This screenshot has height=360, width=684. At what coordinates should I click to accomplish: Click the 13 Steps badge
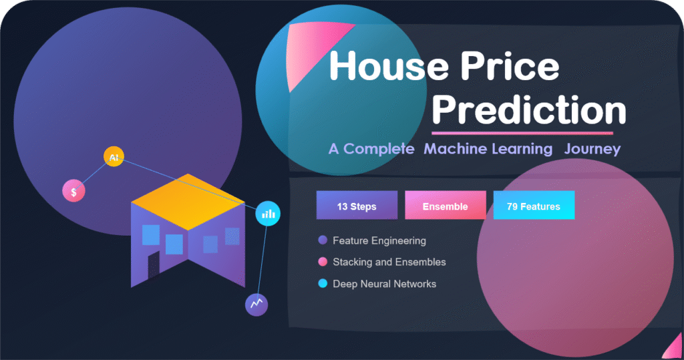click(x=357, y=206)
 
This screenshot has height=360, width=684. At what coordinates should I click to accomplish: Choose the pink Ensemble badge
click(x=445, y=206)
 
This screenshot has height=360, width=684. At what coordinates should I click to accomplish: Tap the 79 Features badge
click(x=533, y=206)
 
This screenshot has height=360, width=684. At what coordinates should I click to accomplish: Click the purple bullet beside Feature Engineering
click(x=323, y=240)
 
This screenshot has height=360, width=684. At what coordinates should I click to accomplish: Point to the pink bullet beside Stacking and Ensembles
click(x=323, y=262)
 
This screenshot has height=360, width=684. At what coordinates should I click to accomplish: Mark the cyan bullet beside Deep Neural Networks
click(x=323, y=284)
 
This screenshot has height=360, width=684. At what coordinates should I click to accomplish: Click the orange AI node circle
click(x=114, y=157)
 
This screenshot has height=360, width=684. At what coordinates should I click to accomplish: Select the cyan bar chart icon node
click(x=269, y=214)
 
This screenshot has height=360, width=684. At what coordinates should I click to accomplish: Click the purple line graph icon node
click(x=256, y=305)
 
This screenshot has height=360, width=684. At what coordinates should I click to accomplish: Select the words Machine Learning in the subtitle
click(x=488, y=148)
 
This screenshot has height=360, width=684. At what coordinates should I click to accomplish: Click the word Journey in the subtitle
click(x=592, y=148)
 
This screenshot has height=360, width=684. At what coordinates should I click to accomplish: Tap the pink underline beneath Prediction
click(x=522, y=133)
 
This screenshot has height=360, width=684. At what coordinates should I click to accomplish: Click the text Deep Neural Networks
click(x=384, y=284)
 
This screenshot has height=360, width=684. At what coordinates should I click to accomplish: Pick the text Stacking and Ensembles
click(x=389, y=262)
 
